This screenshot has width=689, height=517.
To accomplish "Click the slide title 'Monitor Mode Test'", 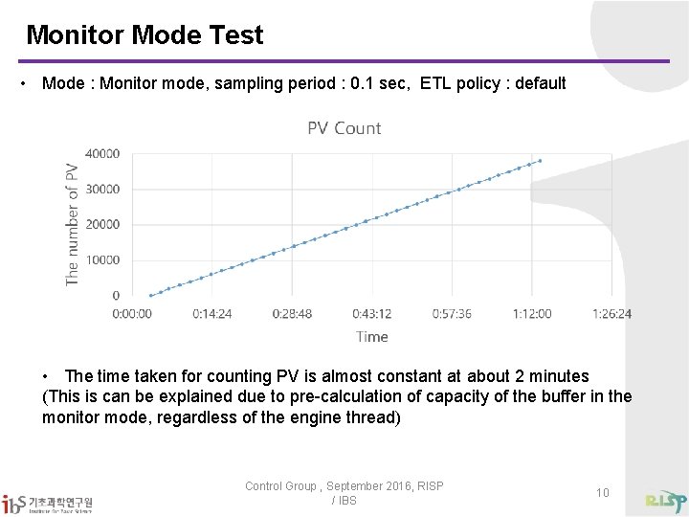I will pos(144,36).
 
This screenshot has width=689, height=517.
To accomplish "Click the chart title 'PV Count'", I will pos(344,128).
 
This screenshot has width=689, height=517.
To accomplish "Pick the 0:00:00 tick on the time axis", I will pos(132,313).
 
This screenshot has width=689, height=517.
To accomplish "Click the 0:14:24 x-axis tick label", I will pos(212,313).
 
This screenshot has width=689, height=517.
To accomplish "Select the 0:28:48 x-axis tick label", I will pos(292,313).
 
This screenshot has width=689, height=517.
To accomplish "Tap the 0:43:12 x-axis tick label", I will pos(372,313).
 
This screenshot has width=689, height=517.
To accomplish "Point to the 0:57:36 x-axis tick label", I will pos(452,313).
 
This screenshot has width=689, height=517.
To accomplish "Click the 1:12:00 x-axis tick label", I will pos(532,313).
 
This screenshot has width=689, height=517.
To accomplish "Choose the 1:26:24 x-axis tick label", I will pos(611,313).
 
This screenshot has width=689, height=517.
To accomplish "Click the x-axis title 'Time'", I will pos(371,336).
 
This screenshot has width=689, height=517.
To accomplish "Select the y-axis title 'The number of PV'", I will pos(72,223).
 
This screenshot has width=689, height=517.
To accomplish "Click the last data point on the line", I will pos(540,161).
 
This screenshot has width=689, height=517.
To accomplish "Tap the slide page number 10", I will pos(602,492).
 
